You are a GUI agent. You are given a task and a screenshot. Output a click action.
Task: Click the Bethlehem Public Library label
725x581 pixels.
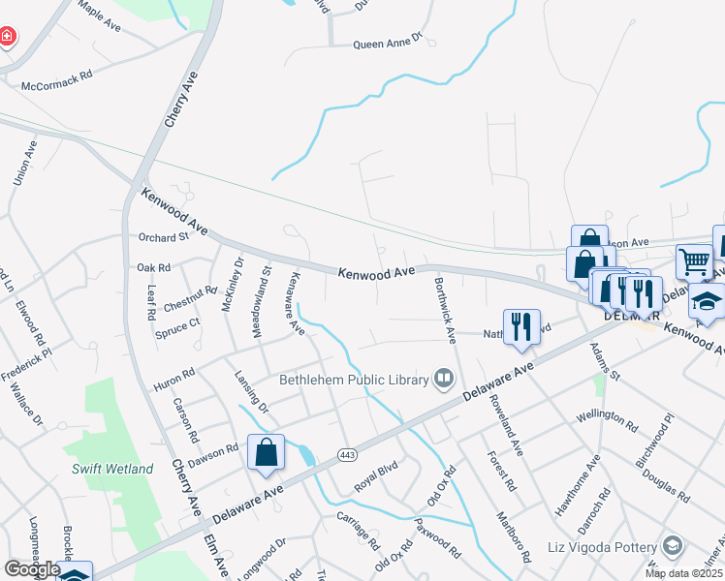(354, 380)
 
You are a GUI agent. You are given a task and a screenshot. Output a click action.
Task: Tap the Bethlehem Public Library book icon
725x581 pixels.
(445, 378)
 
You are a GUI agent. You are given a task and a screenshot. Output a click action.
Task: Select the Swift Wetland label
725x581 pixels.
(112, 469)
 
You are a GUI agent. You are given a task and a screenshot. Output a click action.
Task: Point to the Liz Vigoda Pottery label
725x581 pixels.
(602, 547)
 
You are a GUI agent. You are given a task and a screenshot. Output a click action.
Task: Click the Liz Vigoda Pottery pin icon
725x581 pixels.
(671, 546)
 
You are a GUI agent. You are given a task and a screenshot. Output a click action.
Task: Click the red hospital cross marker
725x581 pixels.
(8, 38)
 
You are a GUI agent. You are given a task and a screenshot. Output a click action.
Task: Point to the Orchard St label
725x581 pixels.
(163, 237)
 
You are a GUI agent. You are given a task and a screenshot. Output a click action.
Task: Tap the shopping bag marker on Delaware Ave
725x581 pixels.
(266, 453)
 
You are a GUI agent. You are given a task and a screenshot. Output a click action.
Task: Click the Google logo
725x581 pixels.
(32, 569)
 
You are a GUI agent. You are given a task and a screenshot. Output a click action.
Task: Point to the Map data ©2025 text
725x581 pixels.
(683, 573)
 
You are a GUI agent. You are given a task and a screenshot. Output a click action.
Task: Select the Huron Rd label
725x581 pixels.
(174, 378)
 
